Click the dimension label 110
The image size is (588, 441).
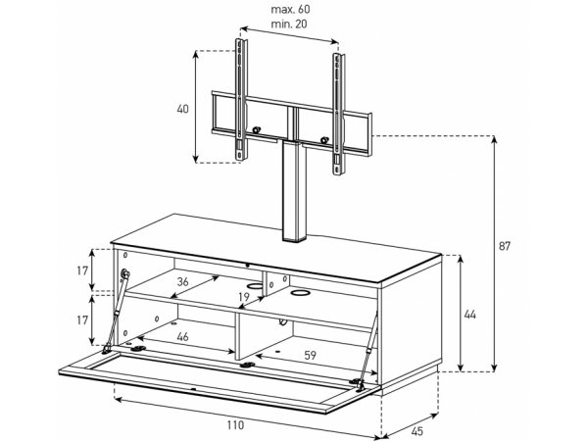pyautogui.click(x=235, y=425)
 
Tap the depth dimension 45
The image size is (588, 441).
pyautogui.click(x=416, y=431)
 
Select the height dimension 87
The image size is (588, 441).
pyautogui.click(x=505, y=246)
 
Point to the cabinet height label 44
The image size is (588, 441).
pyautogui.click(x=469, y=315)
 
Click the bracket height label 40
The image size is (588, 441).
pyautogui.click(x=182, y=109)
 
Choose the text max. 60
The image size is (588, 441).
pyautogui.click(x=291, y=9)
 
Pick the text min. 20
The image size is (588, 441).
pyautogui.click(x=289, y=24)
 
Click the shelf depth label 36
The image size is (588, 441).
pyautogui.click(x=182, y=281)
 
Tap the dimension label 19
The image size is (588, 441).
pyautogui.click(x=244, y=297)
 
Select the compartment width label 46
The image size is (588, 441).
pyautogui.click(x=182, y=337)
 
